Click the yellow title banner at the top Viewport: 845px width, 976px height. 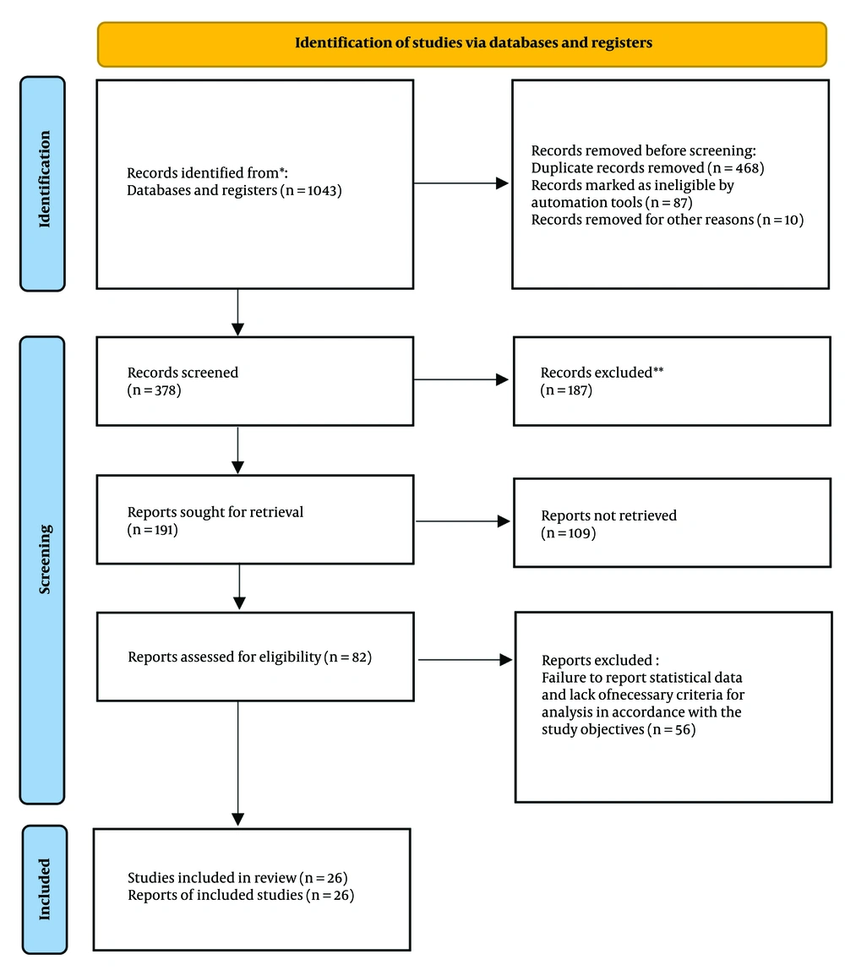tap(461, 44)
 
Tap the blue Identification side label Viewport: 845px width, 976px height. tap(42, 183)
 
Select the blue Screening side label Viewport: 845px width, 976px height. tap(42, 570)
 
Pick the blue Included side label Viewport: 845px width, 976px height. tap(44, 890)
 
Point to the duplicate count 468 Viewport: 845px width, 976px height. tap(747, 168)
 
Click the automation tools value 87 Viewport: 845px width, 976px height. tap(680, 203)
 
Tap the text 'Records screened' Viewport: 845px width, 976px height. tap(183, 372)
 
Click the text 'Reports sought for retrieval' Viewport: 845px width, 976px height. tap(215, 511)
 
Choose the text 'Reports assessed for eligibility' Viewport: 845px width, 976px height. tap(225, 657)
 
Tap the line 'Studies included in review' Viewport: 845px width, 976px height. tap(212, 878)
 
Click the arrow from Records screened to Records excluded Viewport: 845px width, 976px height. tap(461, 379)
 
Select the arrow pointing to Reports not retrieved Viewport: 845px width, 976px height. tap(463, 521)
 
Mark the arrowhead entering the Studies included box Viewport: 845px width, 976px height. tap(237, 819)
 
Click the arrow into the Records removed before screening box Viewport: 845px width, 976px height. tap(461, 183)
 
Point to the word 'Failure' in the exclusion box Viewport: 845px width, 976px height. tap(562, 677)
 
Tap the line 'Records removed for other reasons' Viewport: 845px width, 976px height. tap(642, 220)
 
